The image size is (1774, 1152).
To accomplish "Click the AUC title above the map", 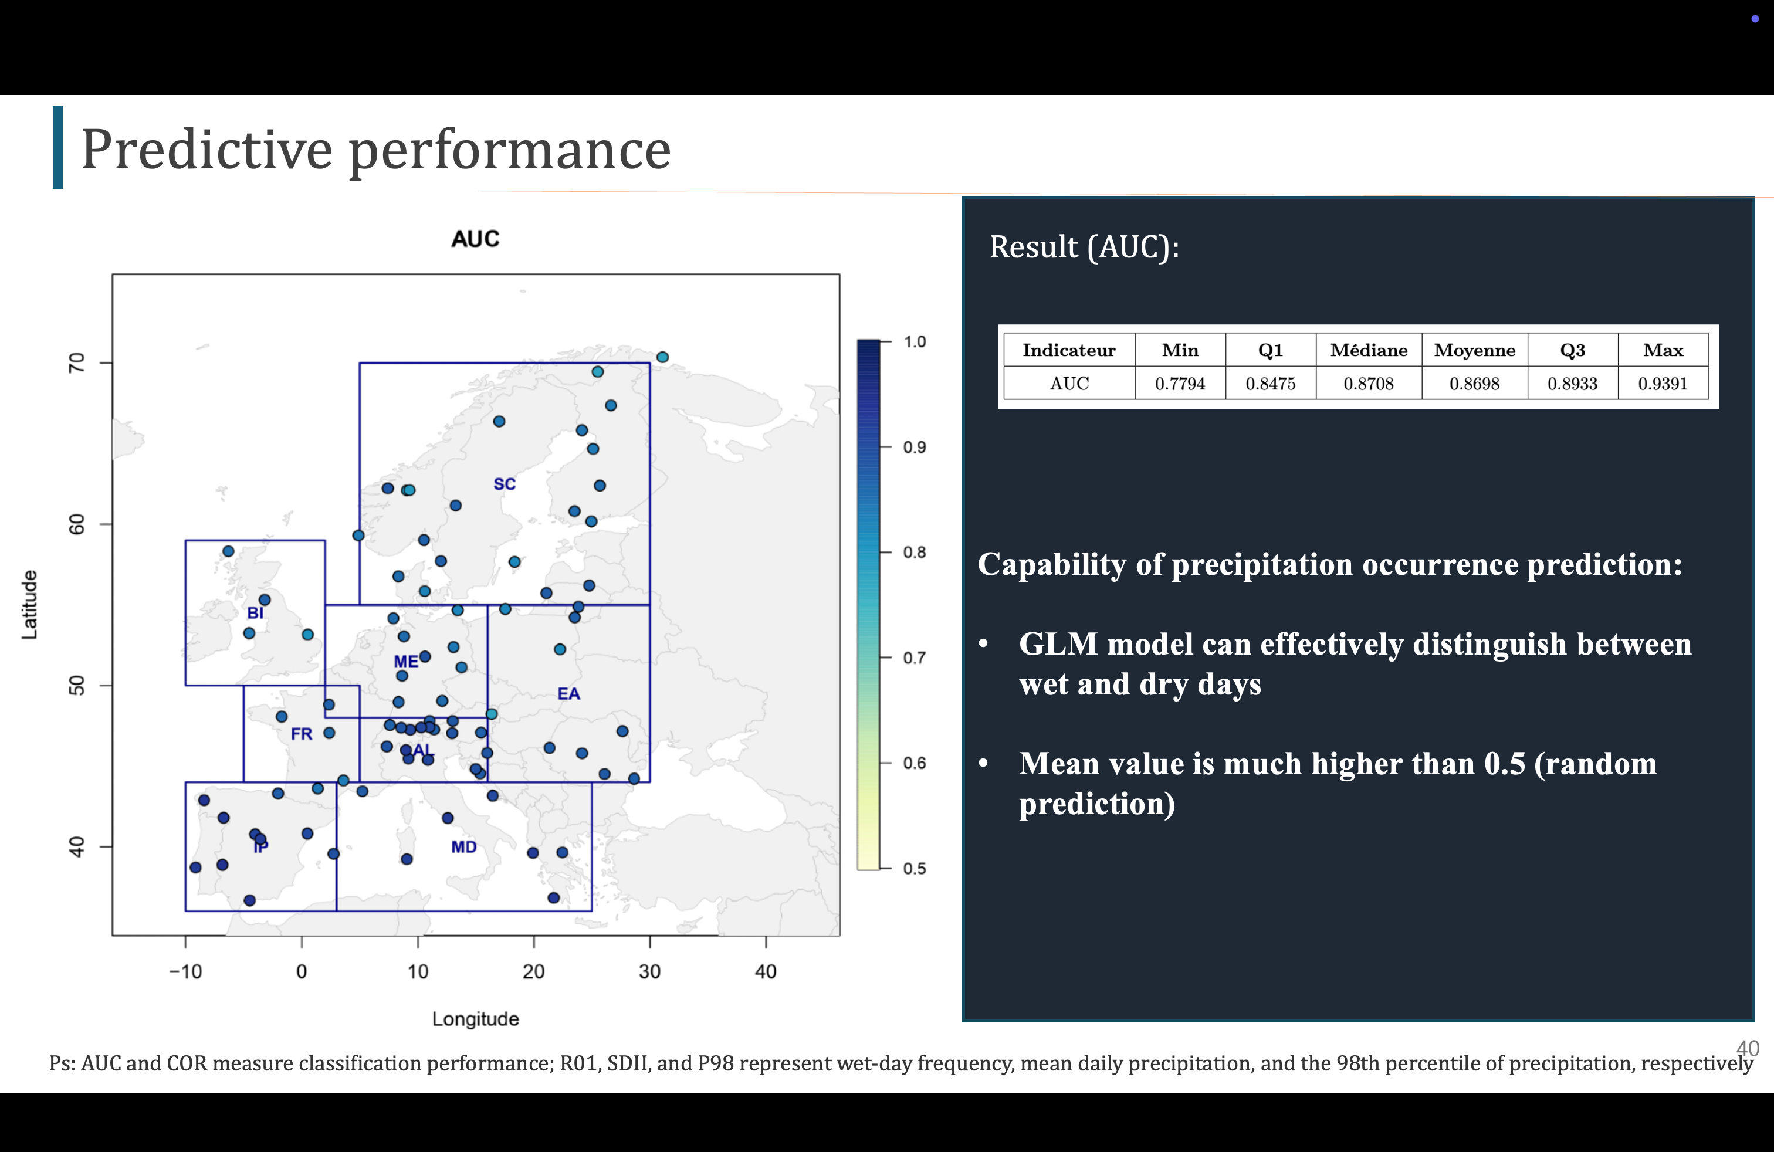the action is pos(476,239).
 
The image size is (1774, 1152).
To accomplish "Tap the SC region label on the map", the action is pos(505,484).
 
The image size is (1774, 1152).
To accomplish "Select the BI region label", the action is pos(255,614).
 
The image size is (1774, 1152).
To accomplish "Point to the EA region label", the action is pos(568,694).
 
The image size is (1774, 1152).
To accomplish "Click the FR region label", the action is pos(301,734).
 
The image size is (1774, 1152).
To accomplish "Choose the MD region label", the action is pos(463,847).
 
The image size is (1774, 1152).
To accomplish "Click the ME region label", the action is pos(405,662).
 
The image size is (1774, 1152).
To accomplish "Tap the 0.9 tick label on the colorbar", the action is pos(915,447).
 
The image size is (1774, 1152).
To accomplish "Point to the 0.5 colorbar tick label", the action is pos(915,869).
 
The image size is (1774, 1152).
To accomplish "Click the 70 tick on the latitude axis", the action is pos(77,363).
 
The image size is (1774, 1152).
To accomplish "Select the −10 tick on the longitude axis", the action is pos(185,972).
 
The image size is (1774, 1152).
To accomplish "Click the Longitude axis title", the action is pos(476,1019).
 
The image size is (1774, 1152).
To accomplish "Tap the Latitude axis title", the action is pos(29,605).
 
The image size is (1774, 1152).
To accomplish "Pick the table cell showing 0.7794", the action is pos(1180,384).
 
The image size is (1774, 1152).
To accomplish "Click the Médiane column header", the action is pos(1369,350).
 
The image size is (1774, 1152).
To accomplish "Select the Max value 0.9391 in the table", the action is pos(1663,384).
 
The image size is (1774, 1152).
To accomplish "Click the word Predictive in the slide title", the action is pos(206,150).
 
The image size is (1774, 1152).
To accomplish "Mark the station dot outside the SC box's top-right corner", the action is pos(662,357).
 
